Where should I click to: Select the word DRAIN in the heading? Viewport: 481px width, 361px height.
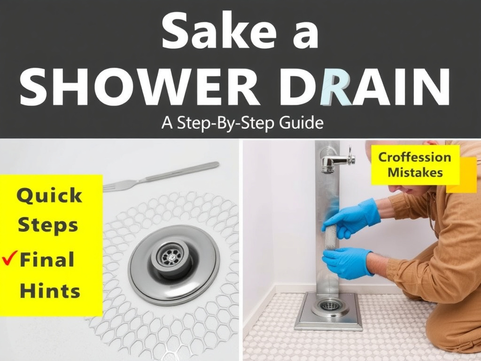click(366, 87)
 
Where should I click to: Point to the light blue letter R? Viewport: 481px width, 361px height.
click(336, 87)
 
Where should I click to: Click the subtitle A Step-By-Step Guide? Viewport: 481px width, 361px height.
click(242, 123)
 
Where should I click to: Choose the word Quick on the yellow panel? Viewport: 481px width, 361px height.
click(49, 196)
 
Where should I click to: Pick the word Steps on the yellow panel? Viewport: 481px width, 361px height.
click(48, 225)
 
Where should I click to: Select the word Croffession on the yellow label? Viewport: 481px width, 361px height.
click(414, 157)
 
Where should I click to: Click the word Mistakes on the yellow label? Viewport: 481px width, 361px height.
click(415, 172)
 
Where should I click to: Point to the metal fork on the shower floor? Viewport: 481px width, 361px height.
click(161, 177)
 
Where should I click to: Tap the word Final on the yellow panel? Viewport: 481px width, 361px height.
click(47, 259)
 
